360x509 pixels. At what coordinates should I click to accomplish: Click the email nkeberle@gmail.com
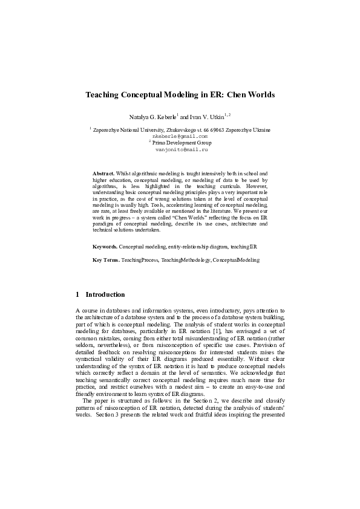(181, 136)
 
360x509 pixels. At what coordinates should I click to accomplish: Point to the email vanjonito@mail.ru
(181, 148)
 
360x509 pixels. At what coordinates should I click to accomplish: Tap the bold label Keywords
(105, 247)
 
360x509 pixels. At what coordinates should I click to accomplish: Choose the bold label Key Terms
(106, 260)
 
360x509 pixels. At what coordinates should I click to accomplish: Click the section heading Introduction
(105, 295)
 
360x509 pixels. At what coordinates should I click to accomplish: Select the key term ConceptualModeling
(236, 260)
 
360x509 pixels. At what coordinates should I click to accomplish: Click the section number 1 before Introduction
(78, 295)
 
